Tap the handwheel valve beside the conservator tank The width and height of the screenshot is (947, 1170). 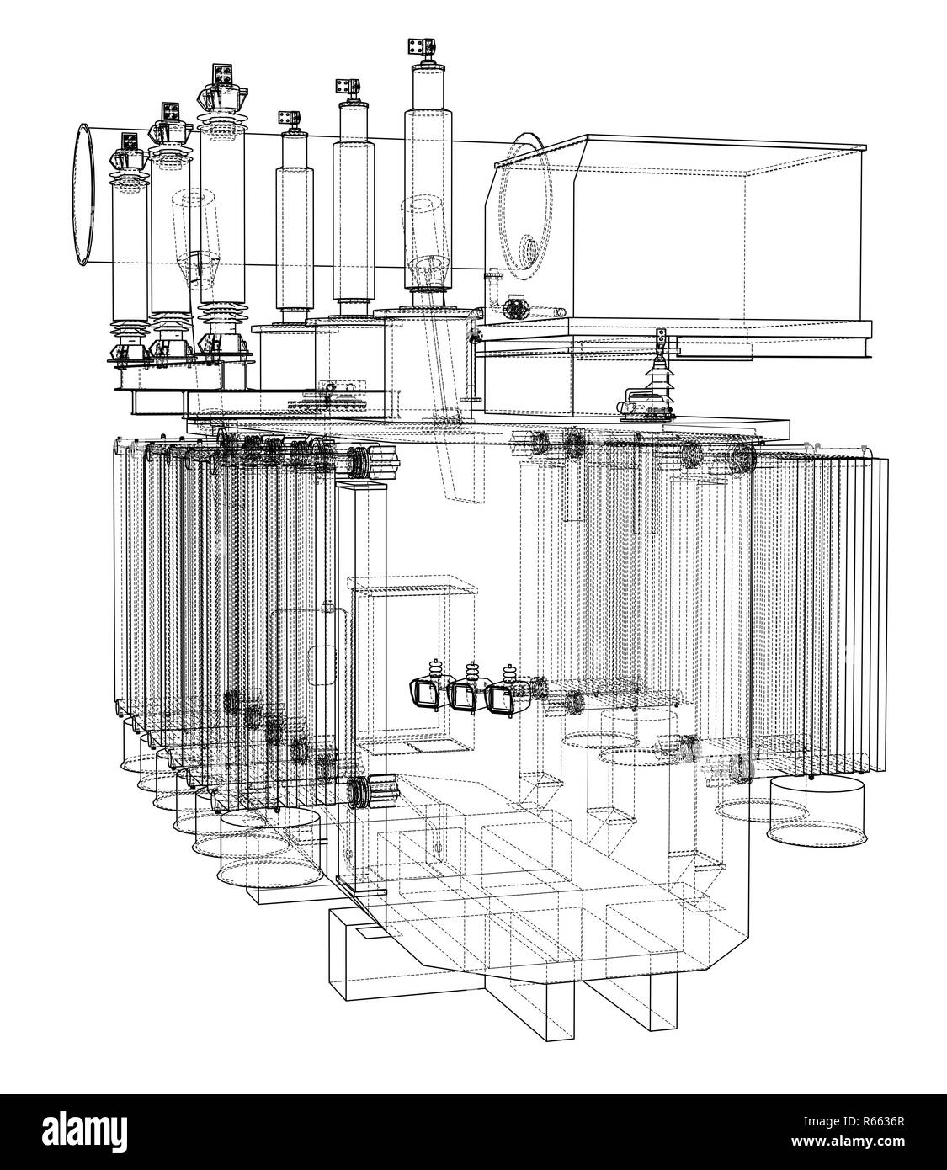click(513, 308)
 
